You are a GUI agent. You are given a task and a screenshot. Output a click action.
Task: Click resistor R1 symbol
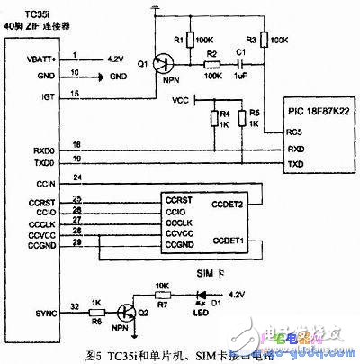point(193,41)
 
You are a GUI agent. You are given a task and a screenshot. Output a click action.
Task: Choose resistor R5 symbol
point(239,117)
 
